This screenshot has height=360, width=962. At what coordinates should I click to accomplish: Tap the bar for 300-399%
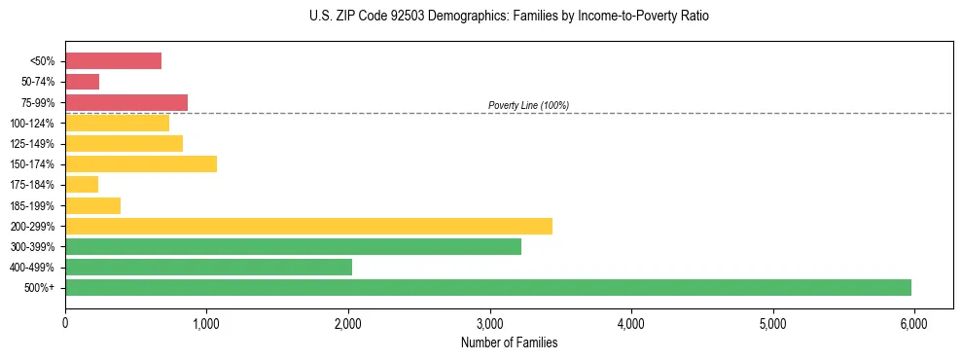click(293, 246)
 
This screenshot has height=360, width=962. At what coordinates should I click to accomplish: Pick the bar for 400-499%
click(208, 267)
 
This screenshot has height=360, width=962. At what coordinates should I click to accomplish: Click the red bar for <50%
click(113, 61)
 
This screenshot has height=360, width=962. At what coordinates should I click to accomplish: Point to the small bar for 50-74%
click(82, 82)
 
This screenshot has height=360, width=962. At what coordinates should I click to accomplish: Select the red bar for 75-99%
click(126, 102)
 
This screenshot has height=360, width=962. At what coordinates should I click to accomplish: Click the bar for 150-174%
click(141, 163)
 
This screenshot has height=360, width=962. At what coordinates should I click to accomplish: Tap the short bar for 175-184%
click(82, 184)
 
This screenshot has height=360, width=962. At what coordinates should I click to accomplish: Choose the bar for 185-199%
click(92, 205)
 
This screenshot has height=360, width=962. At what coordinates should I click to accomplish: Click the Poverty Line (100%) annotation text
click(528, 105)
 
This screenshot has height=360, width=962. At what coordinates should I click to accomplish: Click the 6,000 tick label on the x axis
click(913, 322)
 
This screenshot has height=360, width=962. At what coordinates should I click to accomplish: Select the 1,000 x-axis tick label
click(206, 322)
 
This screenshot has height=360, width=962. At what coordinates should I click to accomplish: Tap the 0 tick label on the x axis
click(65, 322)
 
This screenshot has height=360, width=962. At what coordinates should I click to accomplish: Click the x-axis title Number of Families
click(509, 342)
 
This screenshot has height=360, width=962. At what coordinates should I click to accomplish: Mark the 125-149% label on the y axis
click(32, 144)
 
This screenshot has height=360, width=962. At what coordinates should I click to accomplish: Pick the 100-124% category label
click(32, 124)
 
